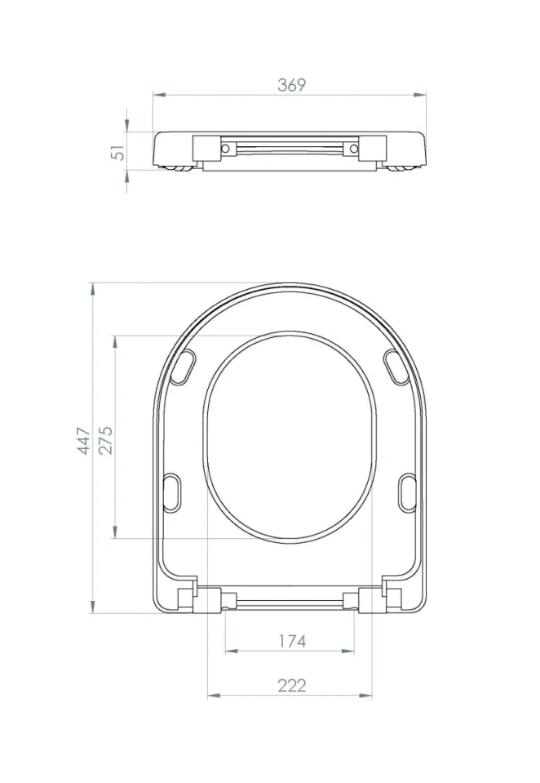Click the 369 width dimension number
(291, 85)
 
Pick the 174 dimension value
(291, 641)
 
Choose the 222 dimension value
(291, 685)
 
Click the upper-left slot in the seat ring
(184, 367)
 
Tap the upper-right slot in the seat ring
(396, 367)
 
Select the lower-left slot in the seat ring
(175, 493)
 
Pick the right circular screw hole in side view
(352, 149)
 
